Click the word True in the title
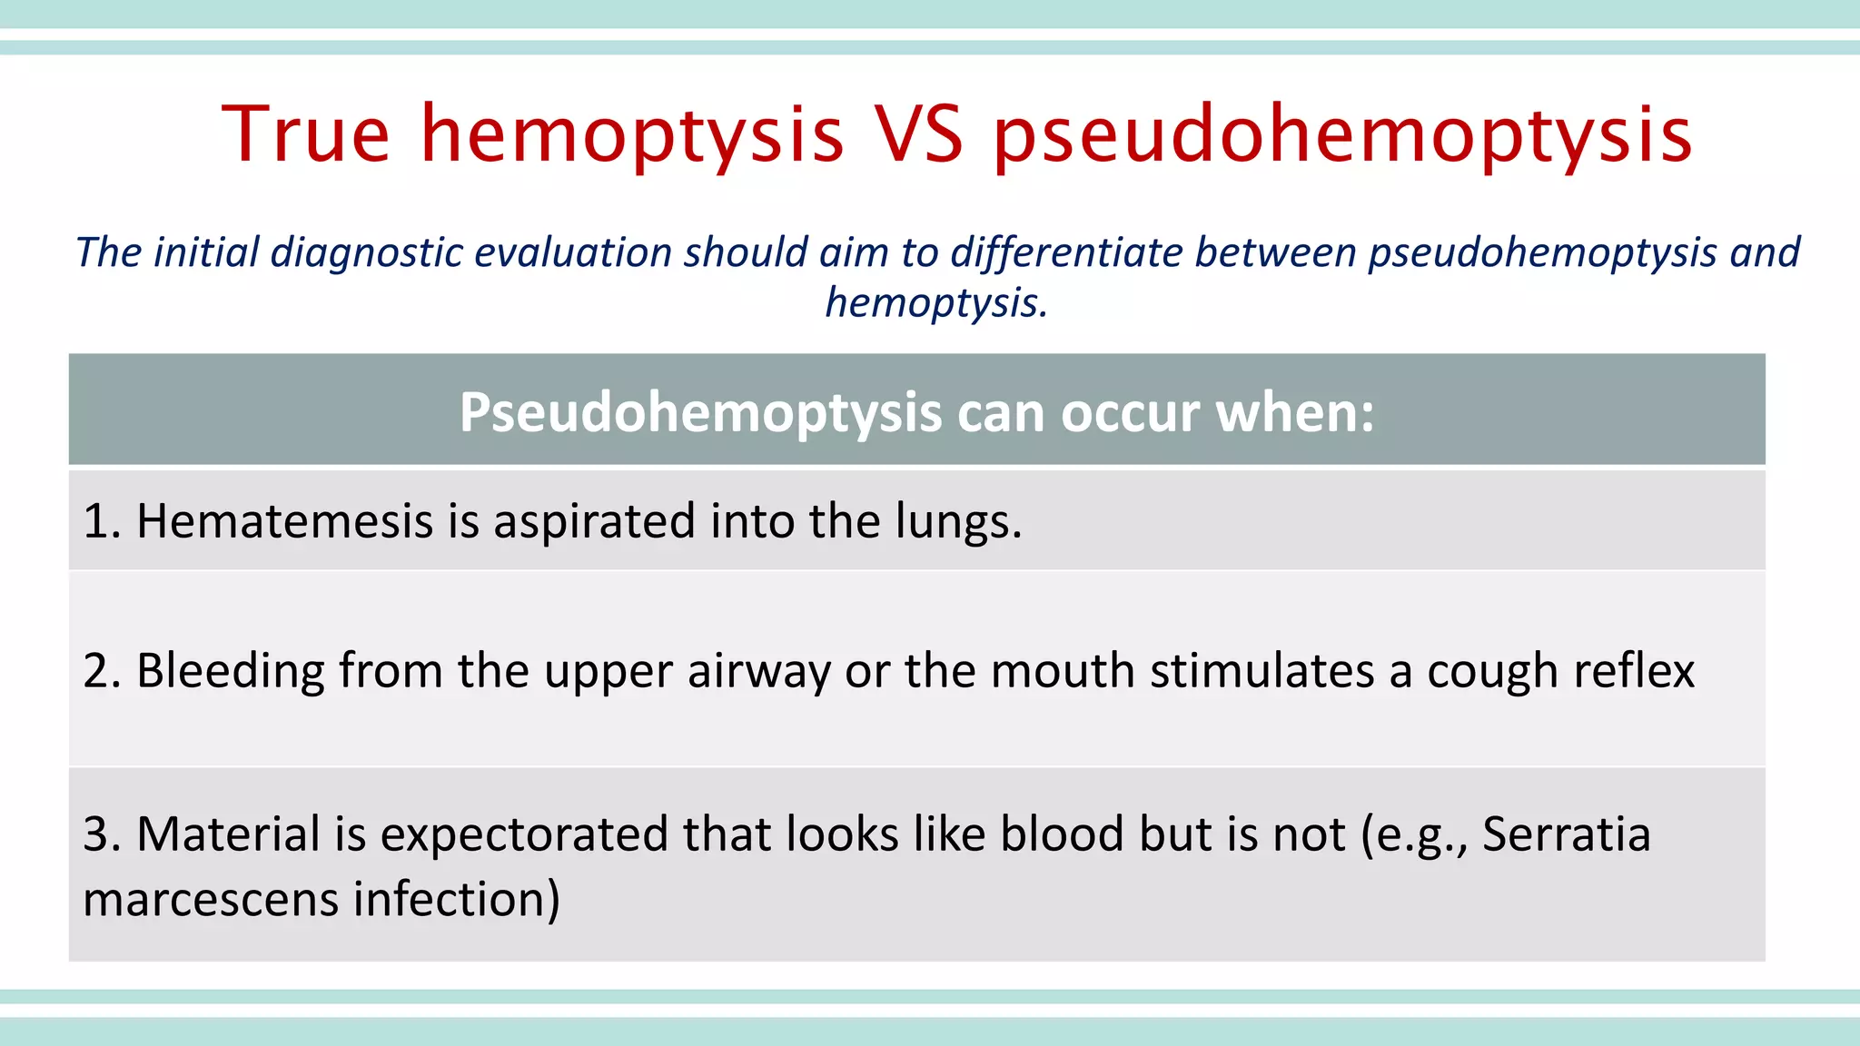click(x=306, y=134)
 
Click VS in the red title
click(x=917, y=134)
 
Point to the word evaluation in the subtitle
click(x=573, y=252)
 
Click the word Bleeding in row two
click(x=231, y=672)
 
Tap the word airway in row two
click(x=758, y=672)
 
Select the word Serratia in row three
click(x=1566, y=834)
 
